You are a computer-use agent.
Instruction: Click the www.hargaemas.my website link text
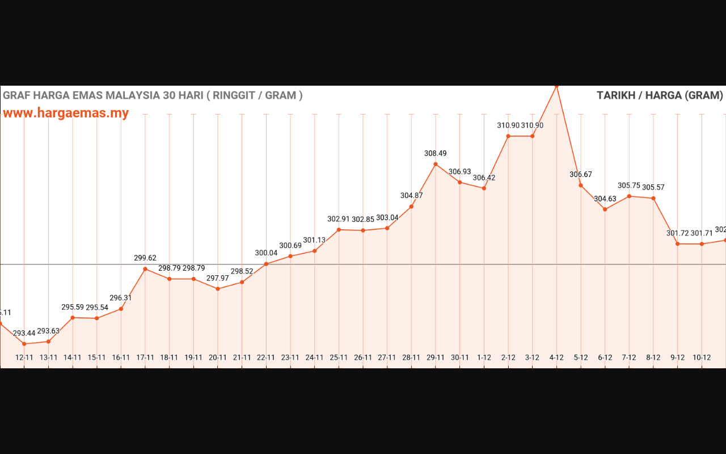click(x=66, y=113)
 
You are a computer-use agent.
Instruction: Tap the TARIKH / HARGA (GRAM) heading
click(x=660, y=95)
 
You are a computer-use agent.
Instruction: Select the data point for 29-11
click(x=436, y=164)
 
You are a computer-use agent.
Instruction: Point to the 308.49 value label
click(x=436, y=153)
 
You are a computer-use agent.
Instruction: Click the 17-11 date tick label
click(x=145, y=358)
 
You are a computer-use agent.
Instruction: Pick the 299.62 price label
click(x=145, y=258)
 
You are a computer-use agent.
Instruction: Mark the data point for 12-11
click(x=24, y=344)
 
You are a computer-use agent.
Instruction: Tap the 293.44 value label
click(x=24, y=333)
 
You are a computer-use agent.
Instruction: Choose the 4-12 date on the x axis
click(x=556, y=358)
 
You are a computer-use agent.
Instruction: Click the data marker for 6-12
click(x=605, y=209)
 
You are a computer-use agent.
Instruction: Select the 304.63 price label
click(x=605, y=199)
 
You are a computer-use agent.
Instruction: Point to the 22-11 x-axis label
click(x=266, y=358)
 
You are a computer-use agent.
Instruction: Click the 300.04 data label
click(x=266, y=253)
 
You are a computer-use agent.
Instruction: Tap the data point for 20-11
click(x=218, y=289)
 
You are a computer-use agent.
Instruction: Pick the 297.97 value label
click(x=218, y=278)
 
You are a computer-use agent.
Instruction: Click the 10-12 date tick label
click(x=702, y=358)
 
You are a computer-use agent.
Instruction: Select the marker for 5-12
click(x=581, y=185)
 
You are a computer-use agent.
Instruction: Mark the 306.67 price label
click(x=581, y=174)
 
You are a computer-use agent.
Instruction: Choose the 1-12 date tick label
click(x=484, y=358)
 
